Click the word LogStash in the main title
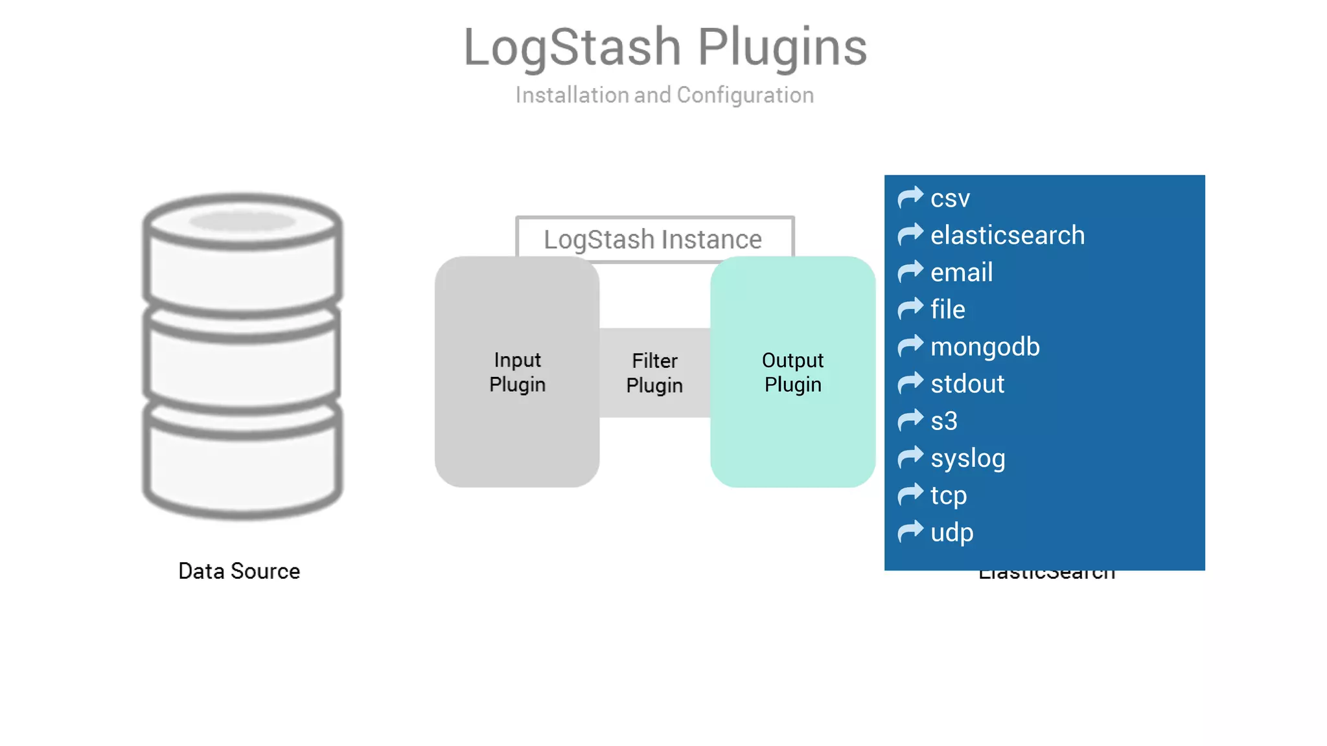tap(571, 47)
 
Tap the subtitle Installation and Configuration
tap(664, 95)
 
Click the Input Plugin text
tap(517, 372)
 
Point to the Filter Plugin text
tap(654, 372)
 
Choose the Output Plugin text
tap(792, 372)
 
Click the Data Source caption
tap(239, 571)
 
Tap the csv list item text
tap(950, 198)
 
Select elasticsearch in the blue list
tap(1007, 235)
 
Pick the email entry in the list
tap(962, 272)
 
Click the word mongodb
tap(985, 346)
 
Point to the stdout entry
tap(967, 384)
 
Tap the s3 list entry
tap(943, 421)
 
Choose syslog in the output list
tap(968, 458)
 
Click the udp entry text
tap(952, 532)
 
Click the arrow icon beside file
tap(910, 309)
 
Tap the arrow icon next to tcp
tap(910, 495)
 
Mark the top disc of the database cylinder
tap(242, 221)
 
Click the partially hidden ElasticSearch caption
tap(1046, 575)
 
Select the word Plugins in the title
tap(782, 47)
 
